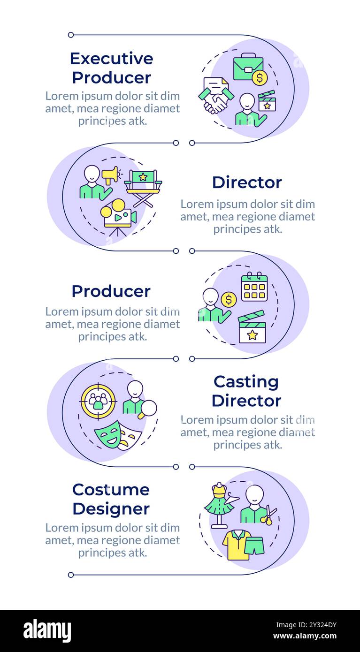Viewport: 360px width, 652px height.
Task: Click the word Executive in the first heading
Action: (112, 59)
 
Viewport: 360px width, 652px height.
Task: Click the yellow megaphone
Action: (110, 175)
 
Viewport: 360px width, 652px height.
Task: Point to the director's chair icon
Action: (143, 188)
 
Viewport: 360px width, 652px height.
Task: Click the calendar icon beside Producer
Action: (254, 287)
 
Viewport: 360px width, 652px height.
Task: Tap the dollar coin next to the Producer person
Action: (229, 299)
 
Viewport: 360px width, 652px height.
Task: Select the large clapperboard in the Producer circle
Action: (252, 327)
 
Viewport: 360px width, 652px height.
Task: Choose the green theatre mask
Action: (108, 434)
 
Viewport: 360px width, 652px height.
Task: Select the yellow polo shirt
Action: (236, 545)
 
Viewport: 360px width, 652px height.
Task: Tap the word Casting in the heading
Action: (246, 382)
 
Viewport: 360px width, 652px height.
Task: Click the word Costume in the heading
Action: (111, 490)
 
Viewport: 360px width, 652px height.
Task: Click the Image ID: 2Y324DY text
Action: (306, 625)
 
